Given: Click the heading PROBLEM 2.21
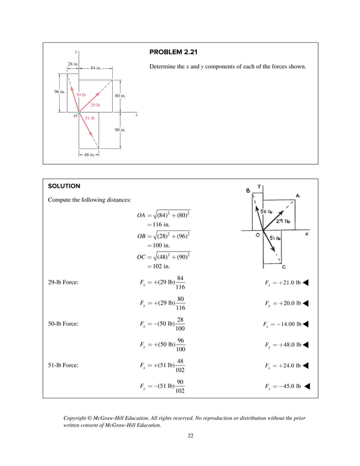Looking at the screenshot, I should tap(173, 52).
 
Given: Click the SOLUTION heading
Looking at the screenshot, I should tap(64, 186).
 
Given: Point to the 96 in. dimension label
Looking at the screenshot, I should tap(60, 91).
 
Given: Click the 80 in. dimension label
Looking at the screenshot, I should tap(120, 96).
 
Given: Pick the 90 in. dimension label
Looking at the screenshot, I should tap(120, 130).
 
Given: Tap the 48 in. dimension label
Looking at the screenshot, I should tap(89, 155).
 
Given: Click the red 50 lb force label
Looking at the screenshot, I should tap(81, 95).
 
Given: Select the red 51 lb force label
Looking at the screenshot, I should tap(90, 118).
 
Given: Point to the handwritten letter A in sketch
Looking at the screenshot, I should tap(297, 196).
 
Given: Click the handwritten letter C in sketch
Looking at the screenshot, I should tap(284, 267).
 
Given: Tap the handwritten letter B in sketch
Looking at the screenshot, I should tap(248, 191).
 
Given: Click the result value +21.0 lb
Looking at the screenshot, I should tap(287, 283).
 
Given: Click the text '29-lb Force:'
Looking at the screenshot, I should tap(63, 283).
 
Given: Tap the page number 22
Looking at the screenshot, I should tap(191, 436).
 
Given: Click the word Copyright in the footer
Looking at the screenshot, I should tap(77, 418).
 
